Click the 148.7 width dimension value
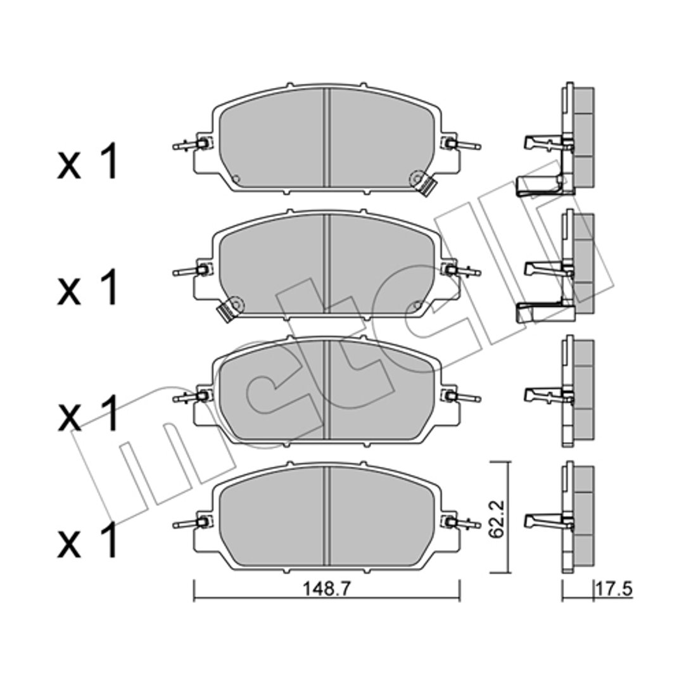[327, 590]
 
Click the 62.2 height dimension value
[497, 519]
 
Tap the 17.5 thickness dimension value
[614, 590]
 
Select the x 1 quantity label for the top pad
[87, 162]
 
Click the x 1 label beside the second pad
[87, 288]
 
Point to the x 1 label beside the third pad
[87, 414]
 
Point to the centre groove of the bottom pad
[326, 516]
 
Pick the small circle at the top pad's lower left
[236, 179]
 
